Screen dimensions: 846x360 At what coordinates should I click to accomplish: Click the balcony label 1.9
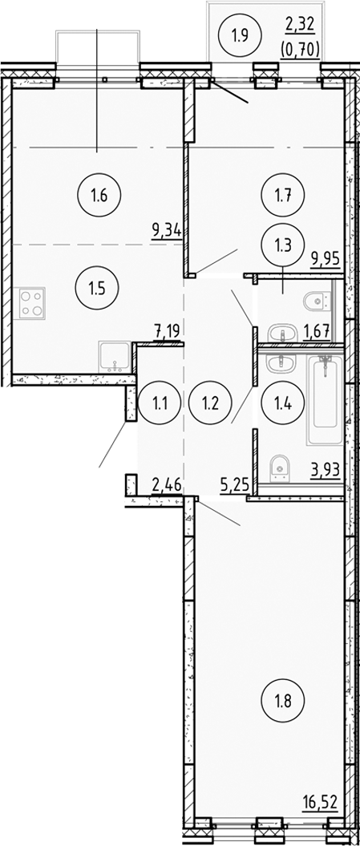tap(240, 34)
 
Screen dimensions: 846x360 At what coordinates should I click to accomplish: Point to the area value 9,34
tap(167, 232)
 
